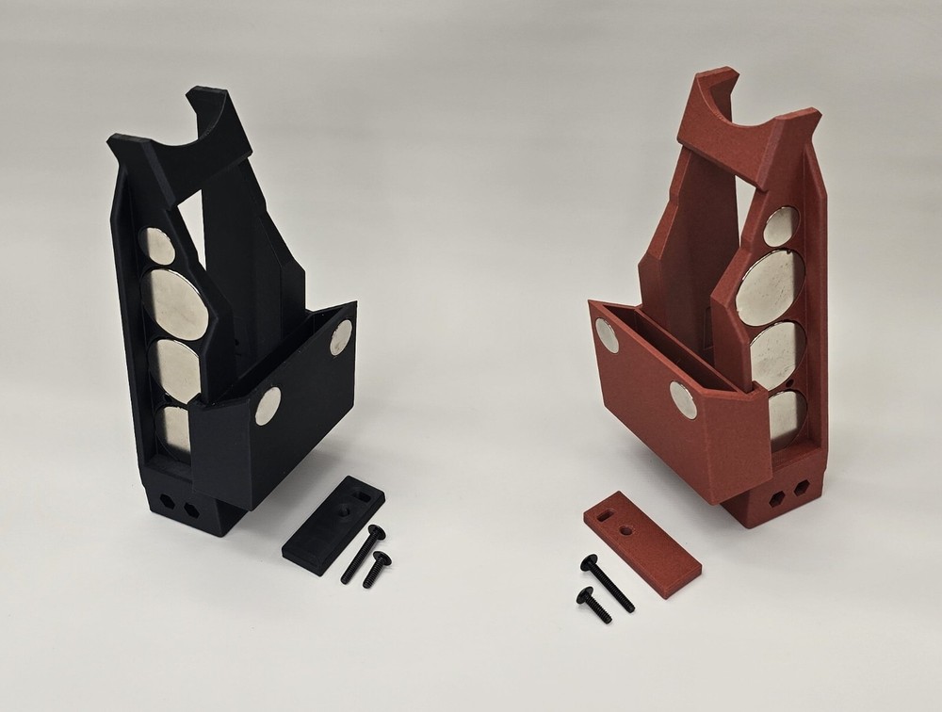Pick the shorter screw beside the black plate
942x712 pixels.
(x=377, y=570)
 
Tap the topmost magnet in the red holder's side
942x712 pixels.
(x=780, y=227)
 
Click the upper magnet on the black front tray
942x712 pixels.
(x=342, y=337)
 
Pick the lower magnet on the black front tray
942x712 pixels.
(x=268, y=406)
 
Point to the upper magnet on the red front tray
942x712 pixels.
(x=608, y=335)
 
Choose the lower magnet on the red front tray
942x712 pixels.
(x=683, y=399)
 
